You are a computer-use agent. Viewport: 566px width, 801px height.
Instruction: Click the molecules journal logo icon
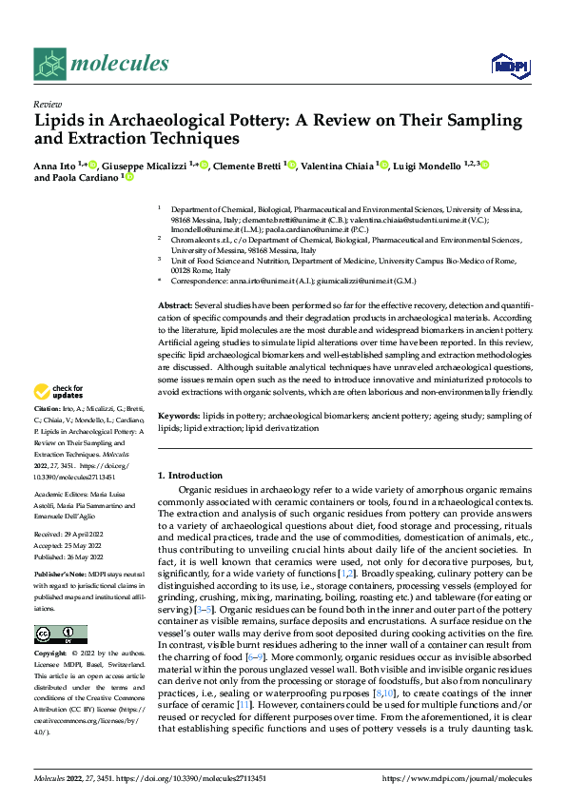pyautogui.click(x=49, y=64)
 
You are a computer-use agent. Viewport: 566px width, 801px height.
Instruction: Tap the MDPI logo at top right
pyautogui.click(x=509, y=64)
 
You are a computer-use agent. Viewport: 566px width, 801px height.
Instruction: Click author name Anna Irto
pyautogui.click(x=55, y=165)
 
